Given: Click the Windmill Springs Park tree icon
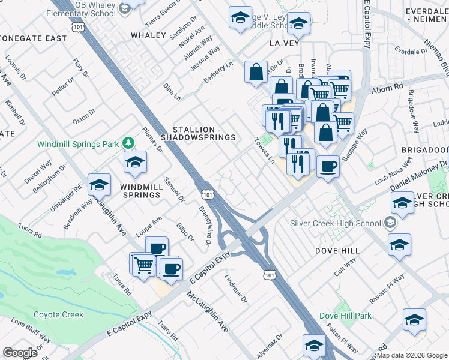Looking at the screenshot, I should [127, 143].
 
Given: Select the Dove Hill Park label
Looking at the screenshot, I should [345, 316].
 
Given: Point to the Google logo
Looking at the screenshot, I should [20, 353].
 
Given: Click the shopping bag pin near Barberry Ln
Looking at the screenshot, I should [256, 72].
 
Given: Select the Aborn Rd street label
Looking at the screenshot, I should [387, 88].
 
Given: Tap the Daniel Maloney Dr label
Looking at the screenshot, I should [419, 178].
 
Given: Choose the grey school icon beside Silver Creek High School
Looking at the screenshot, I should [391, 223].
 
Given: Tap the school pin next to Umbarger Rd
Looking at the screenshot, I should [99, 184].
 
